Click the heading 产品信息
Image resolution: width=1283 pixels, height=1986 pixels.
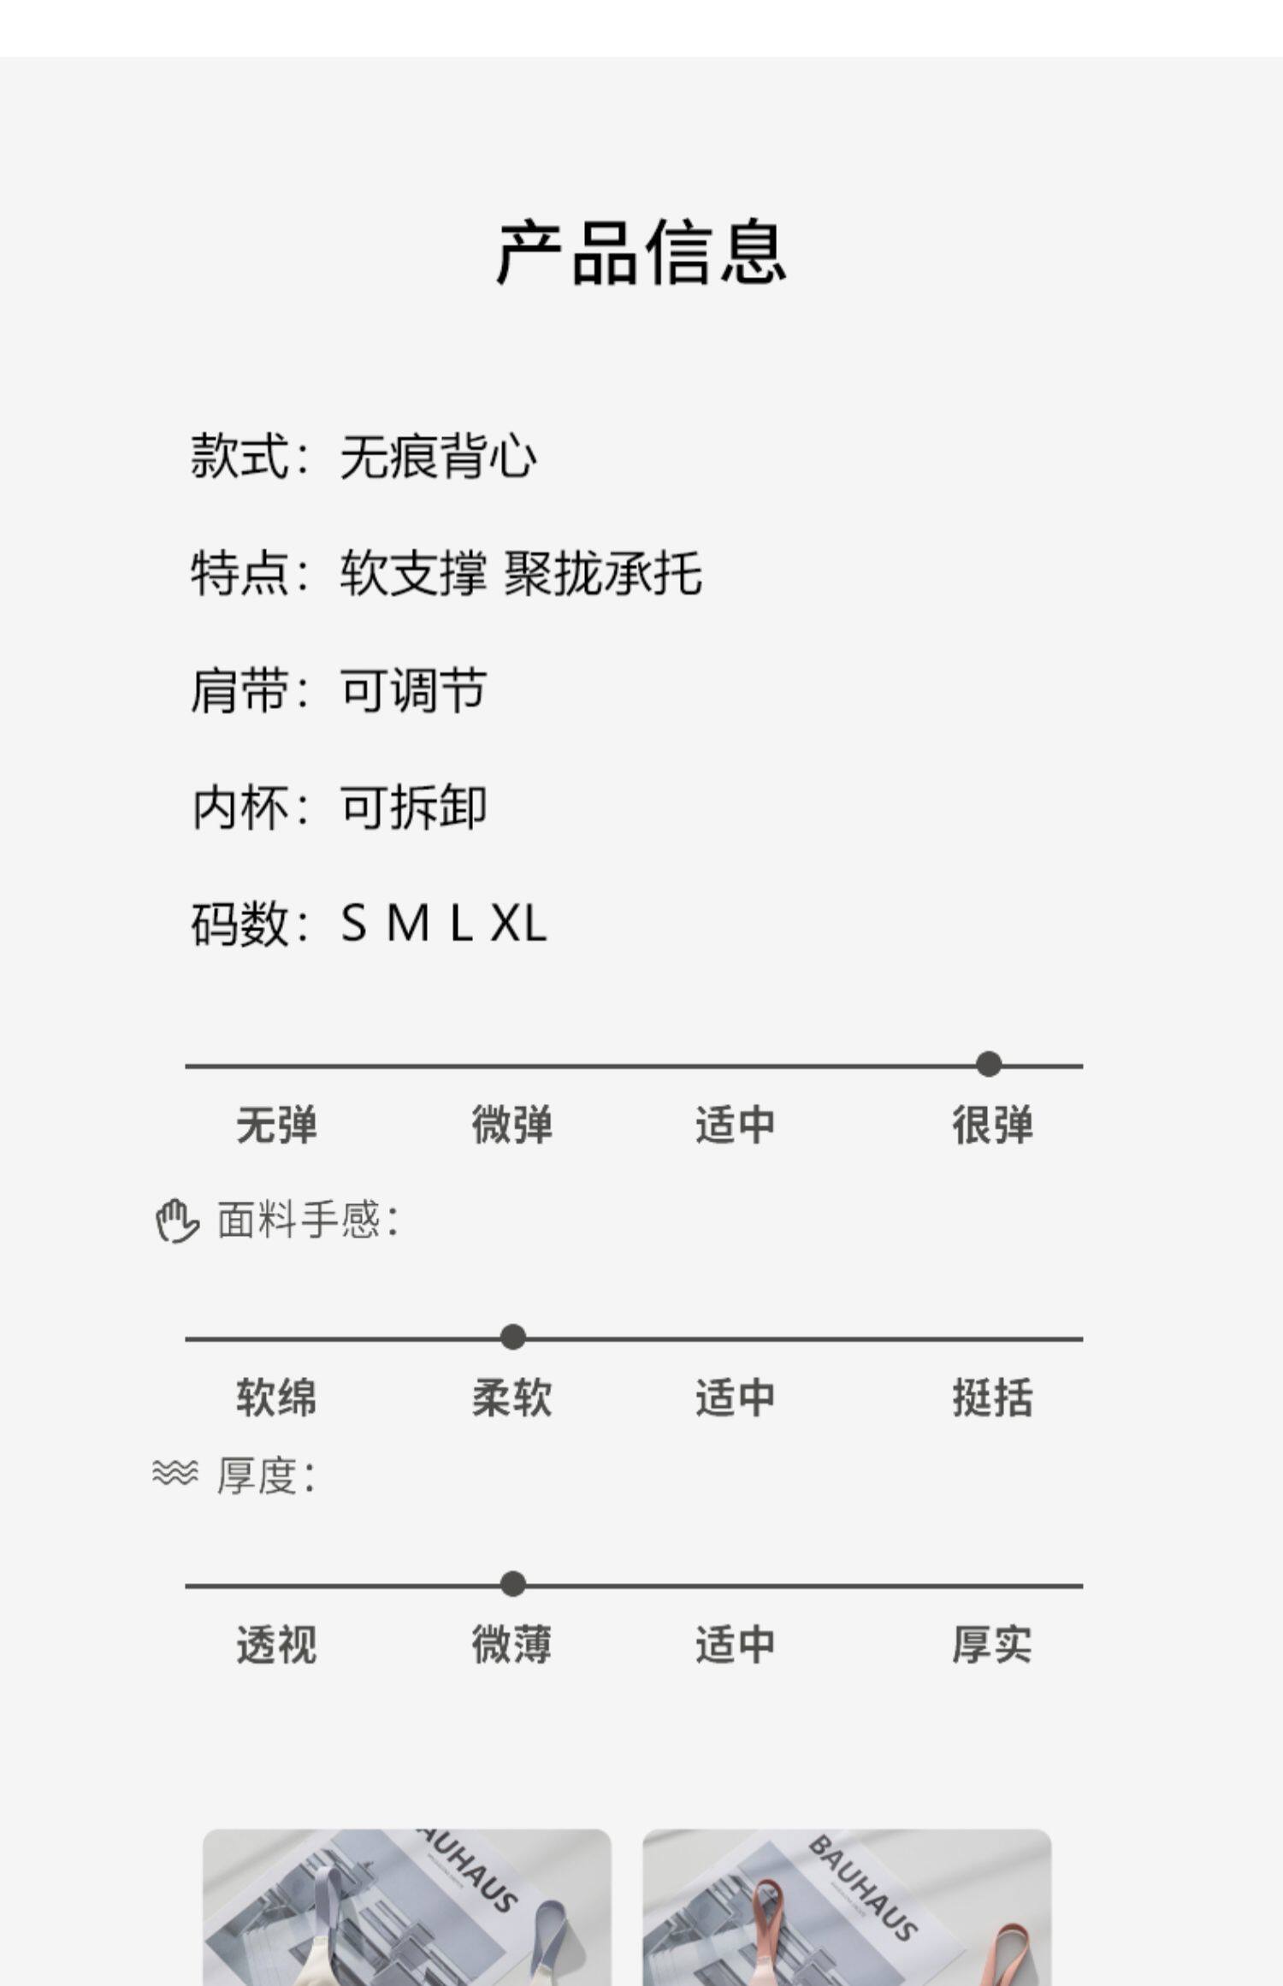641,252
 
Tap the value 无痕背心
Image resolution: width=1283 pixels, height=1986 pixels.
438,456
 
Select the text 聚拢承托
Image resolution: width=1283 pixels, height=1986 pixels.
603,573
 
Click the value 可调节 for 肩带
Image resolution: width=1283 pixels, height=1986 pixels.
414,690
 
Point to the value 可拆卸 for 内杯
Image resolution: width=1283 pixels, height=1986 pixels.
414,807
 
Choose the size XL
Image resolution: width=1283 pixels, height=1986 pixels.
518,924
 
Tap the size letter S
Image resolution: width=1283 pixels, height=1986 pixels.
354,924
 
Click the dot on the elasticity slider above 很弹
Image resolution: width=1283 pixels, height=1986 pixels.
989,1065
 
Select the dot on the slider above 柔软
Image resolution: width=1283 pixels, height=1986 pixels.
513,1337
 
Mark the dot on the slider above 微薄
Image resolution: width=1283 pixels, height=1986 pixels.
513,1584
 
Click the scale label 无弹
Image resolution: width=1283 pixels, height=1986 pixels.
276,1125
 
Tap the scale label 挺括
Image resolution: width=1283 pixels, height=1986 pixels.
992,1398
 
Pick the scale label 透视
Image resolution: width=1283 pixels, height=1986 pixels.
276,1645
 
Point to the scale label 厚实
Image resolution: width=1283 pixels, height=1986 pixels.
992,1645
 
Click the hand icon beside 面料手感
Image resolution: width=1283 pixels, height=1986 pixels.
176,1221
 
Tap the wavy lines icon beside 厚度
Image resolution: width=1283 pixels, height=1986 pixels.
174,1473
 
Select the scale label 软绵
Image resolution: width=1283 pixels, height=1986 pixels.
276,1398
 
